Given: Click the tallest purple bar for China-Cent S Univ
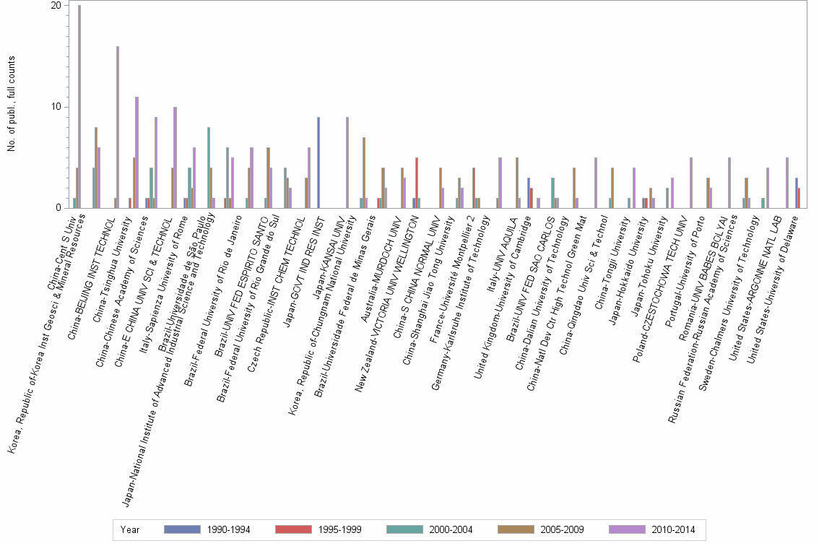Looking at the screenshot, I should tap(79, 107).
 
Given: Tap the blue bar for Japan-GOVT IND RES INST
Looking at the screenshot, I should tap(318, 162).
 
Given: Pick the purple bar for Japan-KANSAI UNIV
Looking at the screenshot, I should tap(347, 162).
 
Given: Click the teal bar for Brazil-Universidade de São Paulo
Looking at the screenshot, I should tap(209, 168).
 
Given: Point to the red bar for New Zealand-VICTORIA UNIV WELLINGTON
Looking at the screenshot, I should tap(417, 183).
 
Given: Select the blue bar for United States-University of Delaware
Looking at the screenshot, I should tap(796, 193).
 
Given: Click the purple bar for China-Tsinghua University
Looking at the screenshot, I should tap(136, 152).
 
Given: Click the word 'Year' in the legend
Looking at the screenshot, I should tap(131, 530).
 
